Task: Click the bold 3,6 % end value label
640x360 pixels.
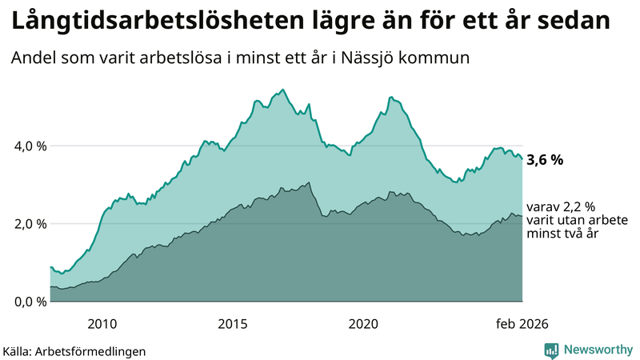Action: [545, 159]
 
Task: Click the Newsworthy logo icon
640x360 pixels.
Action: [551, 349]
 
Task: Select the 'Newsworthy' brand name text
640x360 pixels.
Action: [597, 349]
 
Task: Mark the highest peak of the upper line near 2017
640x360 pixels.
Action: [285, 90]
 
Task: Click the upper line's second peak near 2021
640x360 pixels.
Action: [390, 97]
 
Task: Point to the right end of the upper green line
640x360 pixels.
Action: [522, 158]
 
